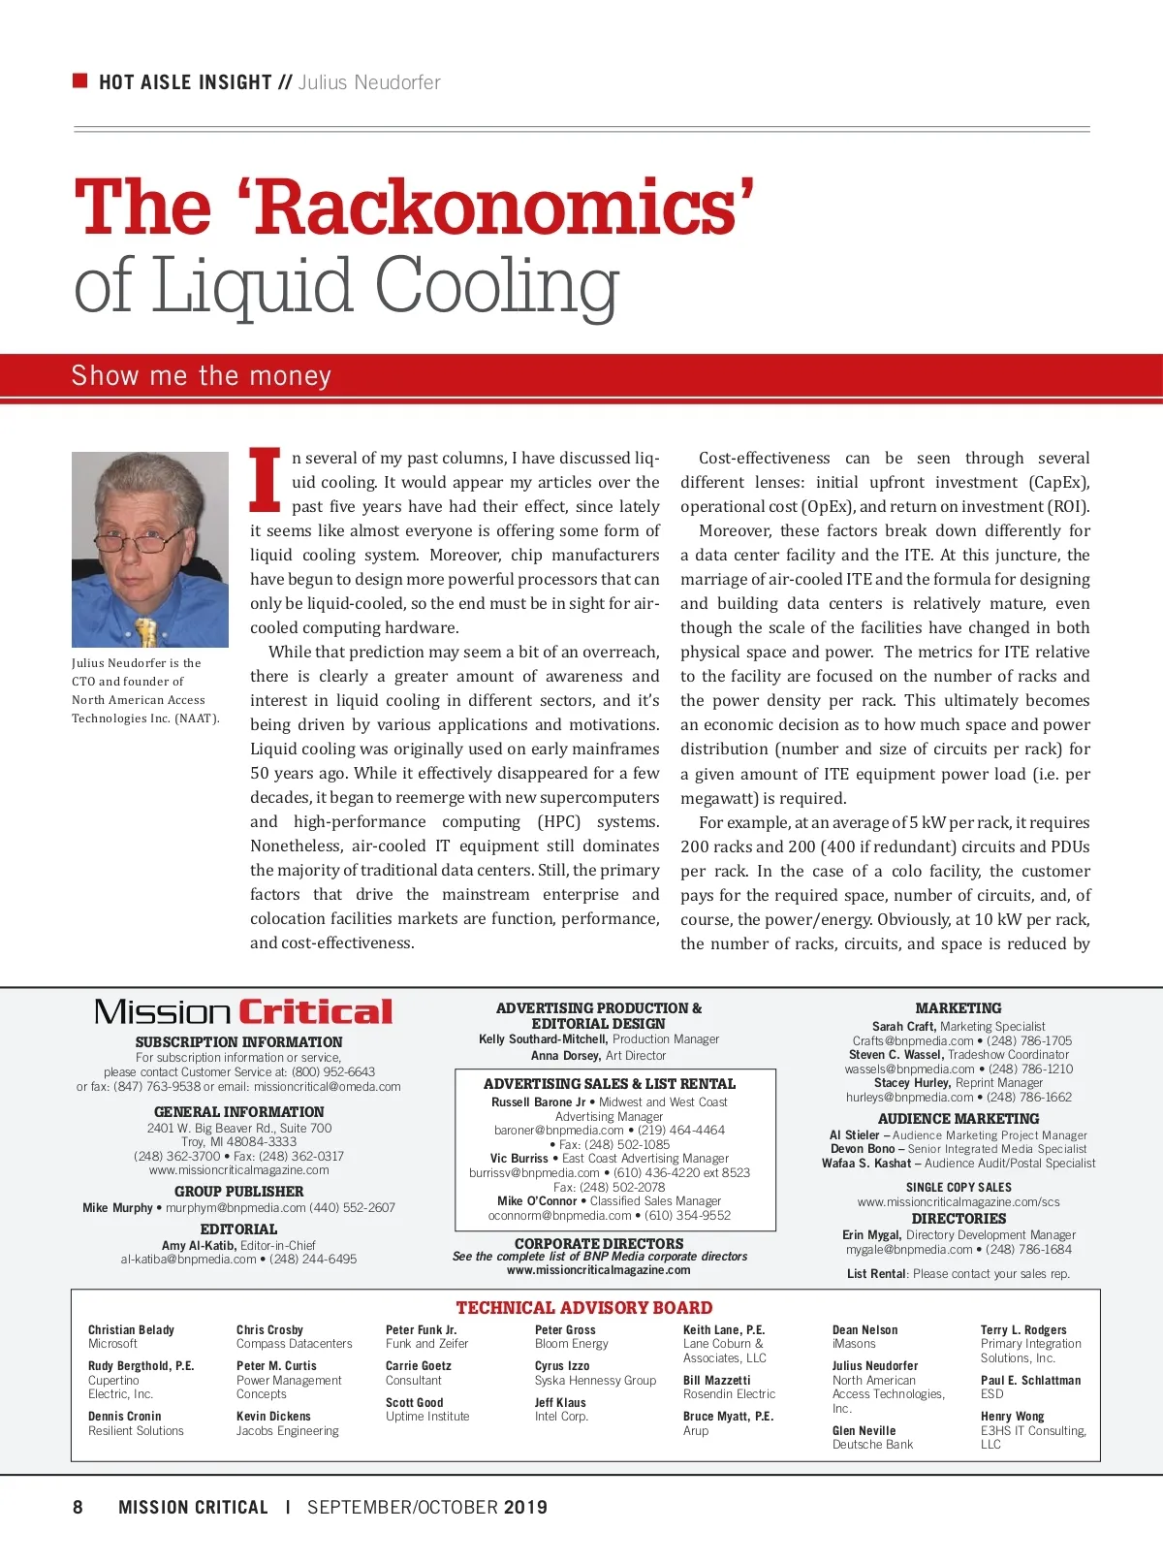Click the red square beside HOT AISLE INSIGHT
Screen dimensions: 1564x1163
[80, 80]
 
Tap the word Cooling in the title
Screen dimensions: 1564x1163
[496, 286]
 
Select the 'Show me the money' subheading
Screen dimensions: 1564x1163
[202, 376]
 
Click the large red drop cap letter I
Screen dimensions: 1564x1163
[266, 480]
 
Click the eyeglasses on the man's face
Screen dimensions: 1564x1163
[145, 539]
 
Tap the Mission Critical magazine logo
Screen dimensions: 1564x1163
[243, 1012]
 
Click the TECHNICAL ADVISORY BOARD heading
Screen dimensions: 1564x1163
[584, 1308]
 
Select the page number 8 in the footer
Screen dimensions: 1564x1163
[79, 1507]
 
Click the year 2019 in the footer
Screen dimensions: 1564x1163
[525, 1507]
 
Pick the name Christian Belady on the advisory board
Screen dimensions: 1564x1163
[131, 1330]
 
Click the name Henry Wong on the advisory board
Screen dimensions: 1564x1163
[1012, 1417]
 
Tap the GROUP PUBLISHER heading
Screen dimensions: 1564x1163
[238, 1192]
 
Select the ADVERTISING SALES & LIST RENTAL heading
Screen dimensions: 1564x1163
[609, 1084]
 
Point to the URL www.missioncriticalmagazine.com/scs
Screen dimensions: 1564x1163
[959, 1202]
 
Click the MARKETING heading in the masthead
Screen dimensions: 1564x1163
[959, 1008]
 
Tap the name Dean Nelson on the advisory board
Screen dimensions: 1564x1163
[864, 1330]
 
